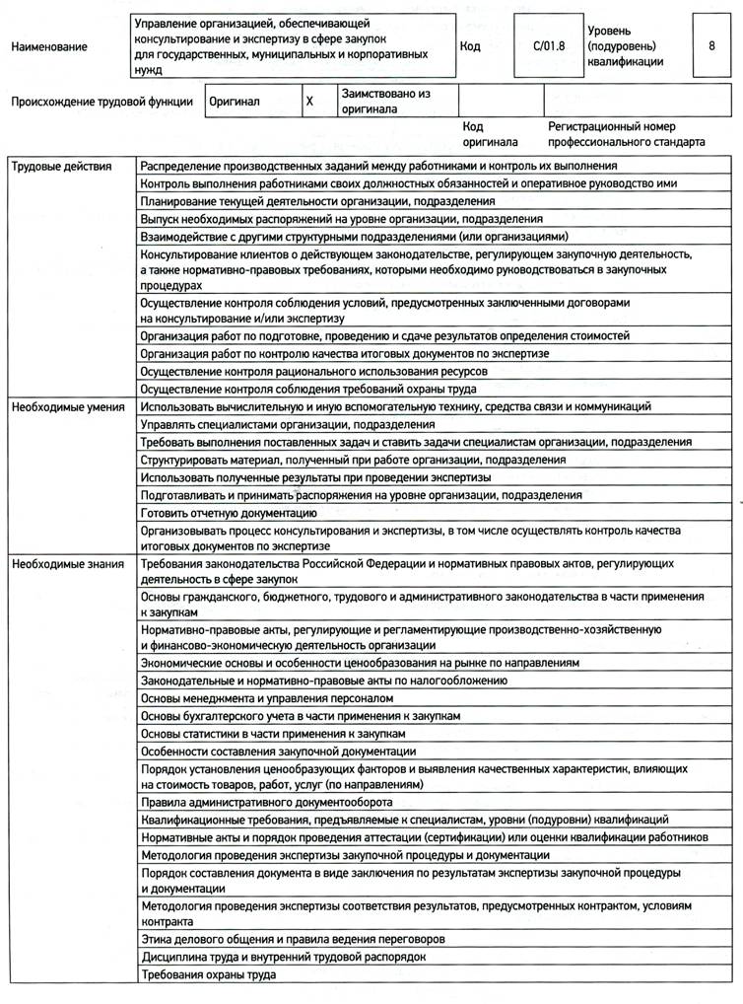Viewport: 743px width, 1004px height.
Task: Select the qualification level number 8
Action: click(x=711, y=45)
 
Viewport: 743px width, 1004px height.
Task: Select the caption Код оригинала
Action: click(x=484, y=133)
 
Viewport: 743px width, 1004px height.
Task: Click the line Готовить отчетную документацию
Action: click(x=229, y=513)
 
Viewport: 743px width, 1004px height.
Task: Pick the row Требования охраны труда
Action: click(x=208, y=974)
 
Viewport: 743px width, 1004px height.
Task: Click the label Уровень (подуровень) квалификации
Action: click(x=627, y=46)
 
